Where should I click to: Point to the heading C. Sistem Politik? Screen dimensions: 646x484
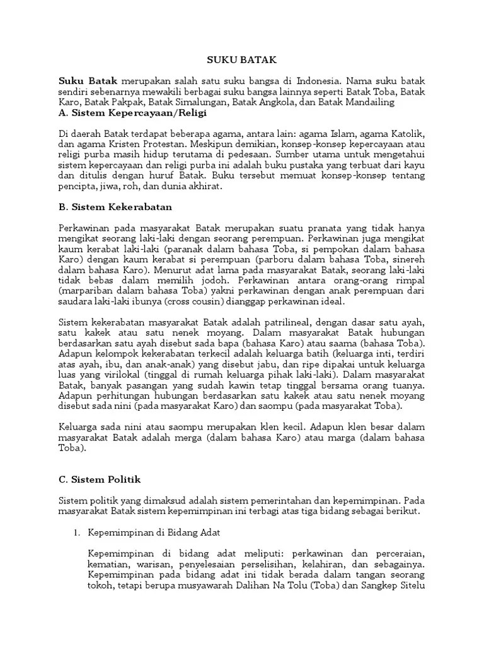(98, 479)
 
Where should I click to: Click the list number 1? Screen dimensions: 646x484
(76, 532)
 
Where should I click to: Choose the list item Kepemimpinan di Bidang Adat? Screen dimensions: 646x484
(154, 532)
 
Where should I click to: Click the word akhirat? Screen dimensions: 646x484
(205, 187)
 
